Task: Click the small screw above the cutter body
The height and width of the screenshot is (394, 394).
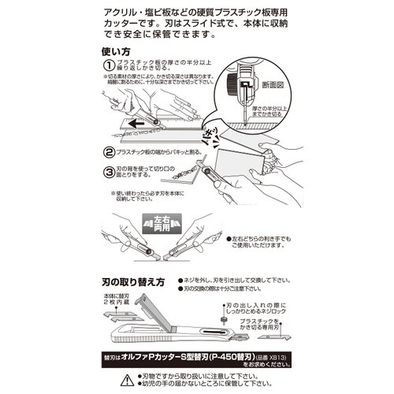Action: [224, 320]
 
